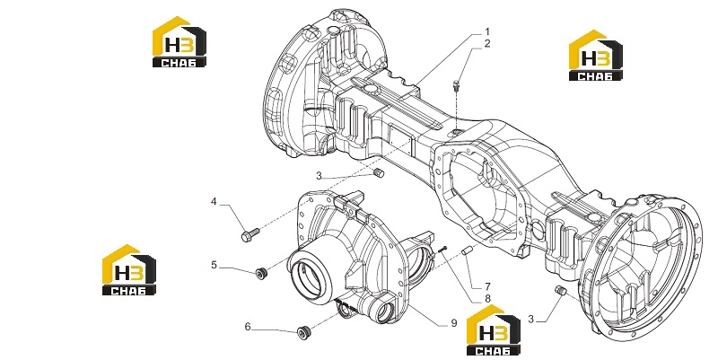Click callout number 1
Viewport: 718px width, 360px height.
[487, 32]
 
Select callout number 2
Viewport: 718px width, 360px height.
[487, 44]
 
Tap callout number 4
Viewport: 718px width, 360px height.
[214, 201]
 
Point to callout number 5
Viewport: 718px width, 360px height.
[214, 265]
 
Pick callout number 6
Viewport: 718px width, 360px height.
[248, 327]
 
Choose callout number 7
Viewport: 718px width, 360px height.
[487, 287]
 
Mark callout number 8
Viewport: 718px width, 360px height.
[487, 299]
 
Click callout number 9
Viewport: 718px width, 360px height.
[454, 323]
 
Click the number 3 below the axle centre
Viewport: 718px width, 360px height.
[320, 175]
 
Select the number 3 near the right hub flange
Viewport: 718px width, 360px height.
[530, 320]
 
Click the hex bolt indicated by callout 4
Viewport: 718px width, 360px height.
[250, 234]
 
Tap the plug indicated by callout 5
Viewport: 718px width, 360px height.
[261, 274]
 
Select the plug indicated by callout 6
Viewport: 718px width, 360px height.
[303, 332]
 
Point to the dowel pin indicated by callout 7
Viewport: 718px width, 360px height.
[466, 251]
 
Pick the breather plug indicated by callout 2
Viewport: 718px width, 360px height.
[457, 85]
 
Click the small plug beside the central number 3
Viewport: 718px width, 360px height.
[379, 174]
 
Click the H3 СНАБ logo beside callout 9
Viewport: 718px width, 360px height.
[494, 329]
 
